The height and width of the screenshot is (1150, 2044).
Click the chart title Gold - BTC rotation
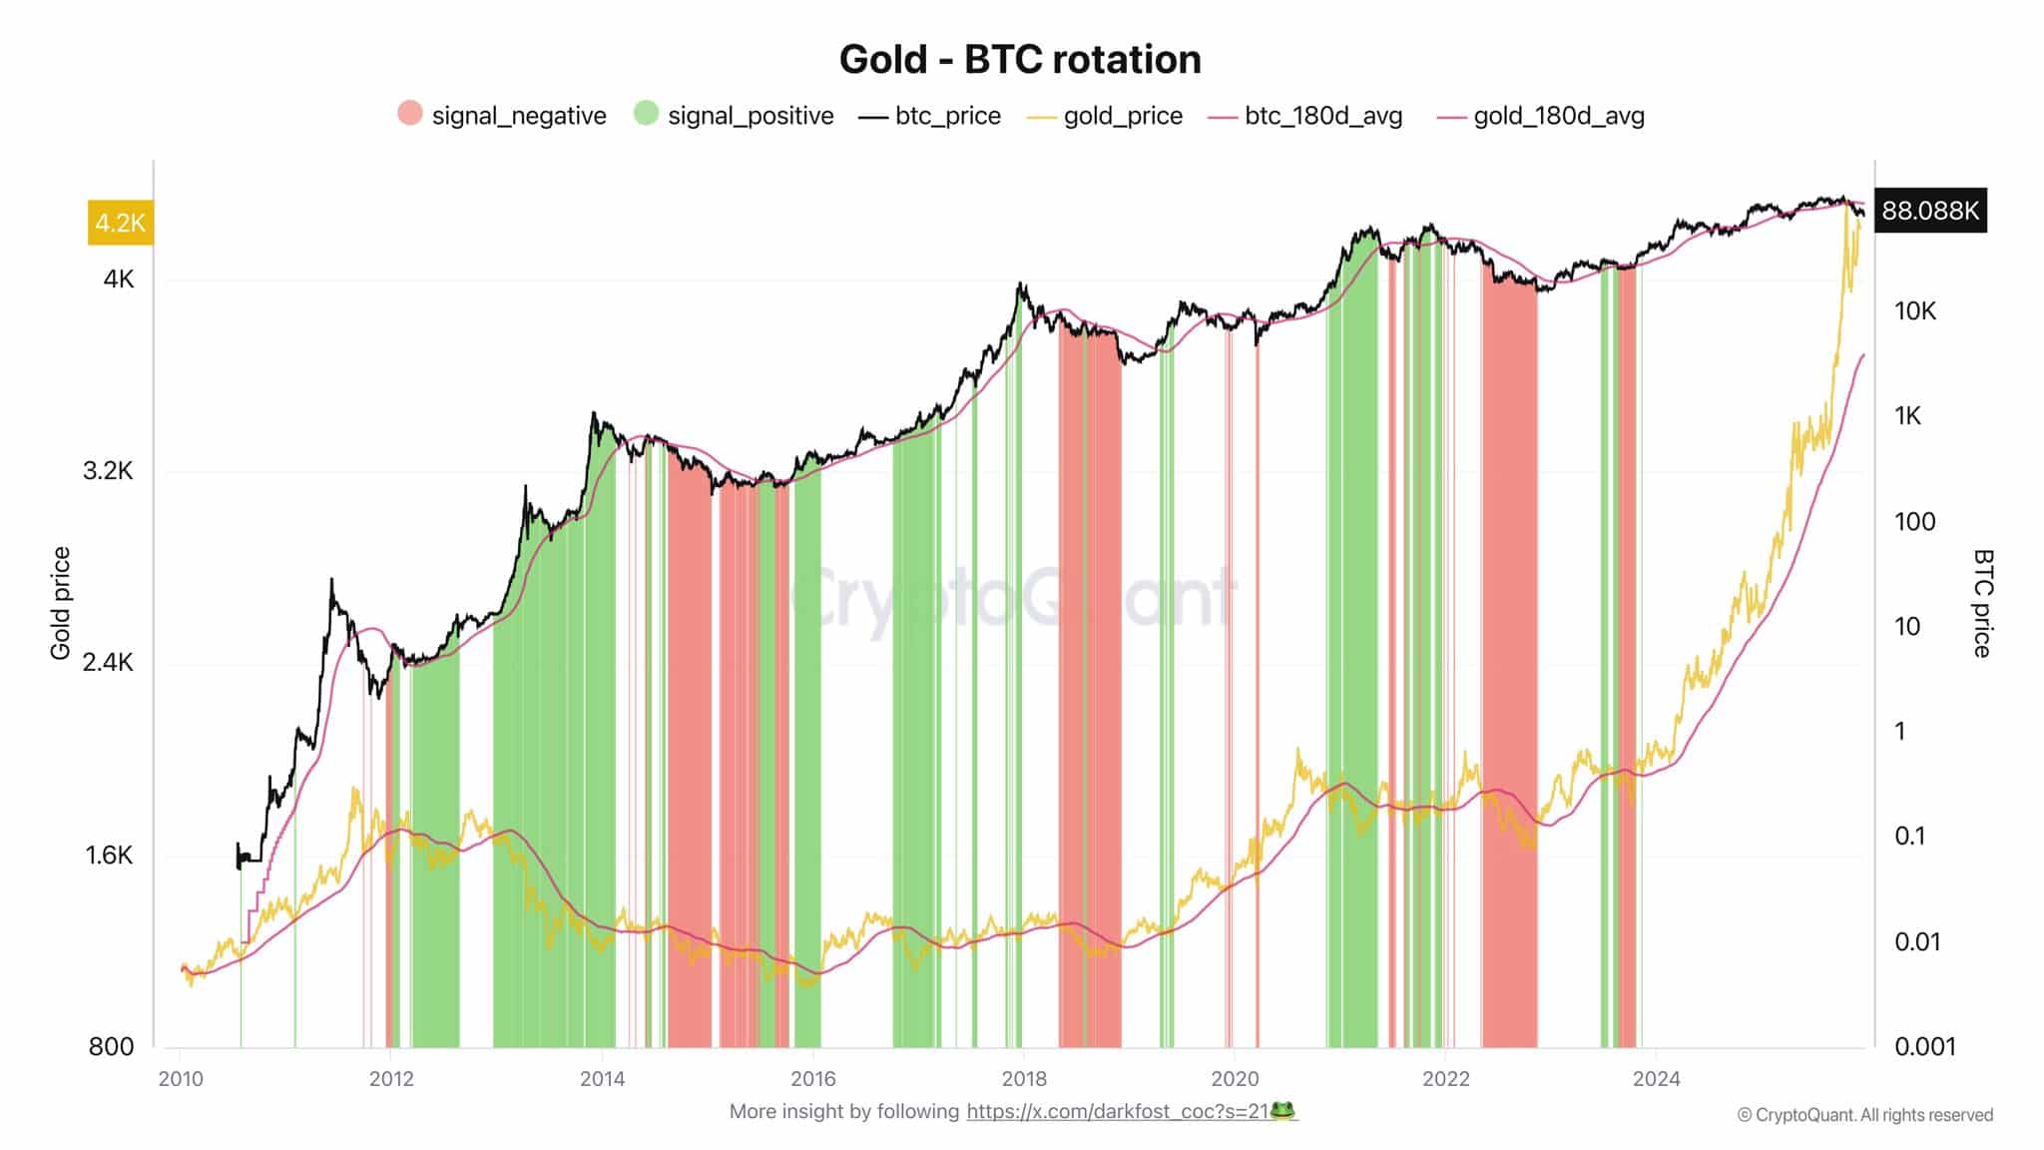point(1020,59)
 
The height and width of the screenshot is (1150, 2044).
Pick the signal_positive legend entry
point(734,116)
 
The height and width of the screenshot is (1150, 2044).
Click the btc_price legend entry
point(930,116)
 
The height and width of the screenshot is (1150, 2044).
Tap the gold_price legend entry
point(1106,116)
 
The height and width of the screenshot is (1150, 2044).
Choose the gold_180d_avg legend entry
point(1542,116)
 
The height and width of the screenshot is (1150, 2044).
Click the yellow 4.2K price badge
point(120,222)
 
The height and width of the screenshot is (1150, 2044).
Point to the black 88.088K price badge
point(1930,211)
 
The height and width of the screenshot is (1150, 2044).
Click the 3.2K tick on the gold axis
point(108,470)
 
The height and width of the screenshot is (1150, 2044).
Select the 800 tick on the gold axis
point(111,1046)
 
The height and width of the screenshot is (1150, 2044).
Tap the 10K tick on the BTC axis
point(1914,311)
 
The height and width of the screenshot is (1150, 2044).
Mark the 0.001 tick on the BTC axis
point(1925,1046)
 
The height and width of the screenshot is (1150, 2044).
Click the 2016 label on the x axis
point(812,1079)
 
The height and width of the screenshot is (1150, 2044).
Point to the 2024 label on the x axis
point(1656,1079)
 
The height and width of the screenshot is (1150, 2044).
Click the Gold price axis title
point(61,603)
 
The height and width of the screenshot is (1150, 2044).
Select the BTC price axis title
point(1982,603)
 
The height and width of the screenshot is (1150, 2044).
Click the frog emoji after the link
point(1283,1110)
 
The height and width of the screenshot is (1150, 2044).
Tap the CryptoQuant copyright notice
point(1864,1115)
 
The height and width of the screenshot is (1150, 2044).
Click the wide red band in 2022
point(1509,659)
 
